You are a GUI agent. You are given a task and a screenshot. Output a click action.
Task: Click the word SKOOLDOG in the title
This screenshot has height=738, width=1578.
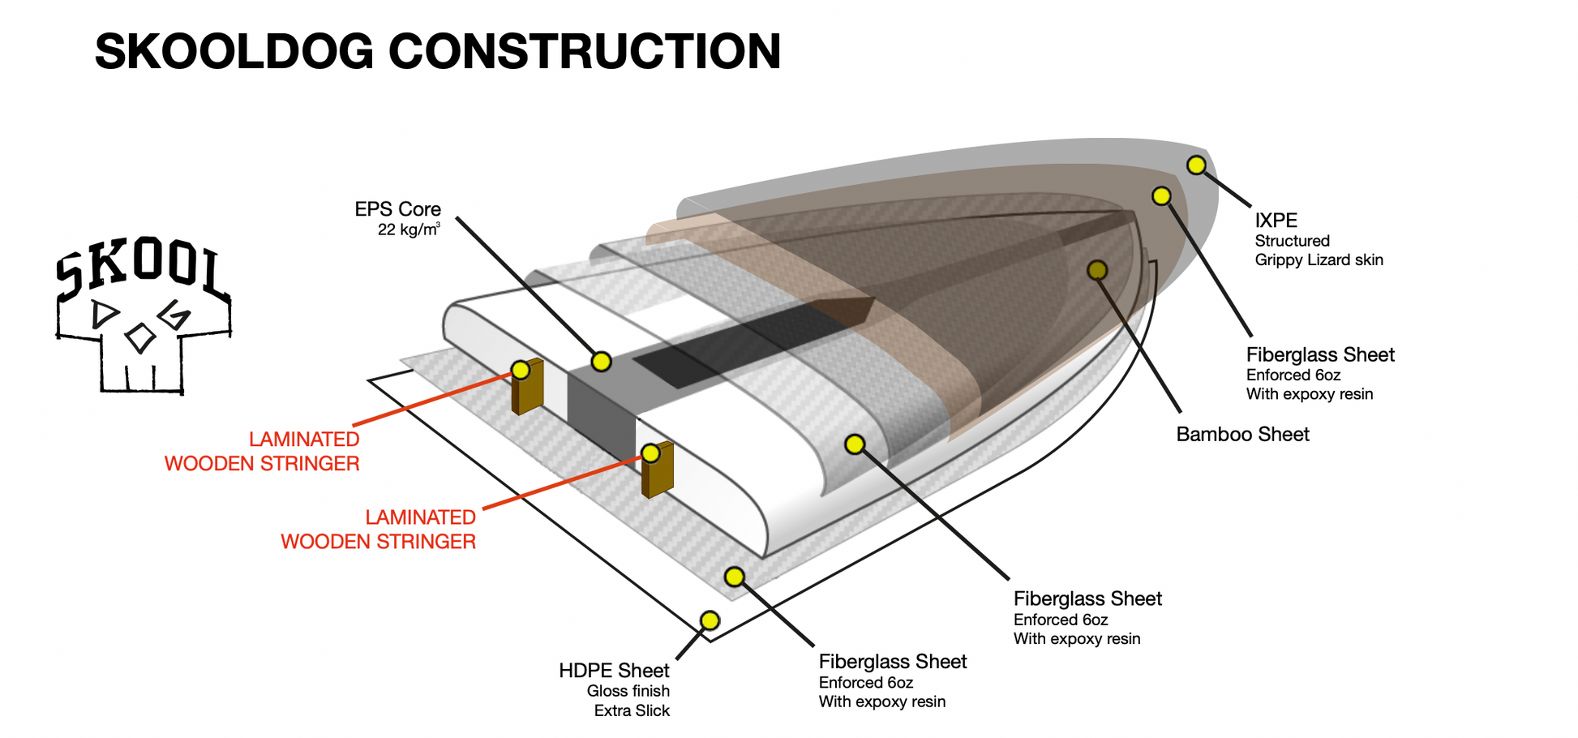pyautogui.click(x=234, y=52)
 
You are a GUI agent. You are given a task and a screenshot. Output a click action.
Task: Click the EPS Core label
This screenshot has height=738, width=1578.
pyautogui.click(x=397, y=209)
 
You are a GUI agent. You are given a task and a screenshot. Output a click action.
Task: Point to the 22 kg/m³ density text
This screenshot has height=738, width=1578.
pyautogui.click(x=409, y=230)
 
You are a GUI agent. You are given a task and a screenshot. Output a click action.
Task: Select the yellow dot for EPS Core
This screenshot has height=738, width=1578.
pyautogui.click(x=601, y=362)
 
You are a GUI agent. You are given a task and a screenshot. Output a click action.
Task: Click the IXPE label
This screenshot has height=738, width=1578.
pyautogui.click(x=1276, y=221)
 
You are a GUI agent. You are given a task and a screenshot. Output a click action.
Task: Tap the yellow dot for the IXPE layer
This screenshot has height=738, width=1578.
pyautogui.click(x=1196, y=165)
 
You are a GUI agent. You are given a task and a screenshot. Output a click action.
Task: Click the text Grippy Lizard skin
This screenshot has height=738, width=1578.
pyautogui.click(x=1319, y=260)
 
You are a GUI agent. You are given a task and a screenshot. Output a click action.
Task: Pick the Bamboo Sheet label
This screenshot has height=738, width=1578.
pyautogui.click(x=1242, y=435)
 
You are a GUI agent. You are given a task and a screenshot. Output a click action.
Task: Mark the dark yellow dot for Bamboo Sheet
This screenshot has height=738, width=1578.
pyautogui.click(x=1097, y=270)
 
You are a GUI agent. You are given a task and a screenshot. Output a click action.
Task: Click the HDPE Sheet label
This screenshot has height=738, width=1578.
pyautogui.click(x=614, y=671)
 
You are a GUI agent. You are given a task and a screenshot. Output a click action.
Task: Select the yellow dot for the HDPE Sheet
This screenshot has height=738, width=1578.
pyautogui.click(x=710, y=620)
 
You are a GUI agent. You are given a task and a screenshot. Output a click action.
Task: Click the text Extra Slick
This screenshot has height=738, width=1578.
pyautogui.click(x=632, y=711)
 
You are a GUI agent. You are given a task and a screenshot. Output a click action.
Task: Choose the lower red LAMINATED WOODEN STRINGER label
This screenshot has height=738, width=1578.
pyautogui.click(x=378, y=530)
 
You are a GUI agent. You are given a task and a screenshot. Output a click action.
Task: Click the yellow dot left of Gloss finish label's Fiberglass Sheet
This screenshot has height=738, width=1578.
pyautogui.click(x=735, y=577)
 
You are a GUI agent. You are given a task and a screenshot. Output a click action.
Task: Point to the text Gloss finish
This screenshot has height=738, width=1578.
pyautogui.click(x=628, y=692)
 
